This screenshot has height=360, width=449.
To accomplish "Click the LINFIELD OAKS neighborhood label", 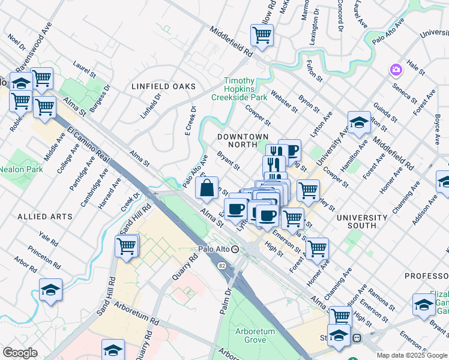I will [164, 87].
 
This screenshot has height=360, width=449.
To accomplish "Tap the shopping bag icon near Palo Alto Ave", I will [206, 188].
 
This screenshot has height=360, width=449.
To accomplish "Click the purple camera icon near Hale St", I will [395, 70].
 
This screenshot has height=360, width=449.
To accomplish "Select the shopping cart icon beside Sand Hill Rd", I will [127, 245].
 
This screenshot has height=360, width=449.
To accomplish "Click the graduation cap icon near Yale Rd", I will [51, 290].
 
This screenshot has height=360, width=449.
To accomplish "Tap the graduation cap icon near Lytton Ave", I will [359, 122].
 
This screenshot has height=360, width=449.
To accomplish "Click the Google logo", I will [20, 353].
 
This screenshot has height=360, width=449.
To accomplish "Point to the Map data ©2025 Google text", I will [412, 355].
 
